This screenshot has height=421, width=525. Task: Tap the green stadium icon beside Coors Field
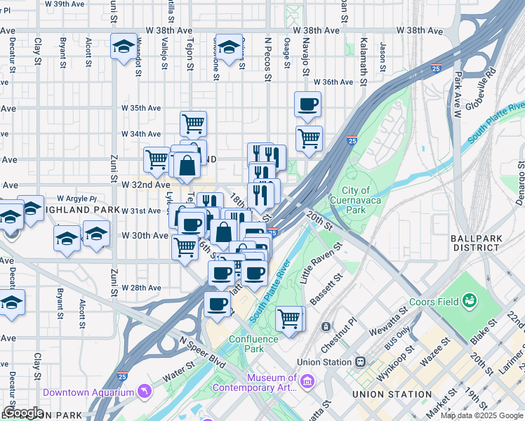click(x=469, y=302)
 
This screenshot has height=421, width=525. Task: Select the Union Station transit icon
click(x=361, y=362)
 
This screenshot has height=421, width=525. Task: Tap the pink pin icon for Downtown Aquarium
click(x=144, y=390)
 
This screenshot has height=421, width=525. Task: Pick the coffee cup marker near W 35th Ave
click(x=307, y=105)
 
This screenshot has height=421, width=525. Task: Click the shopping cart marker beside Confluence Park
click(x=289, y=319)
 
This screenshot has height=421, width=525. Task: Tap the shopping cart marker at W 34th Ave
click(x=193, y=124)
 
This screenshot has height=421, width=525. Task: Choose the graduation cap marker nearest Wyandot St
click(x=124, y=47)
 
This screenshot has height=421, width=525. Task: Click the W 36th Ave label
click(x=333, y=82)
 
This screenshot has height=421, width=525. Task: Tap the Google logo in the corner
click(x=23, y=412)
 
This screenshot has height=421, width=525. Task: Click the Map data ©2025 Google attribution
click(x=481, y=415)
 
